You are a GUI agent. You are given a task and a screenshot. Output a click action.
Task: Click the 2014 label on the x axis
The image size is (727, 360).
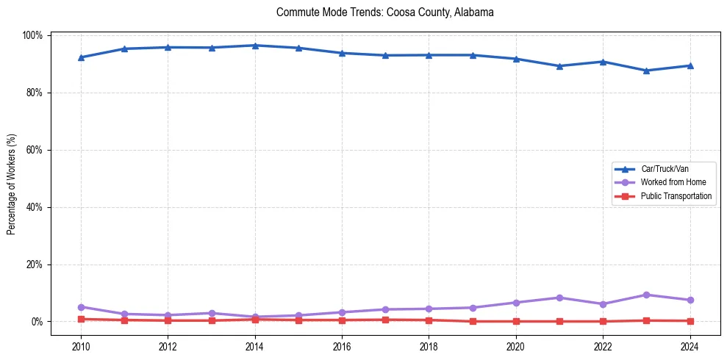point(254,348)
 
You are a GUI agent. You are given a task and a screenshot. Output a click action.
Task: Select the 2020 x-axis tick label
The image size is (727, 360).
point(515,348)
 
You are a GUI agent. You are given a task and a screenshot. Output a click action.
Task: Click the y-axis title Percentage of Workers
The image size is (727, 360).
point(12,179)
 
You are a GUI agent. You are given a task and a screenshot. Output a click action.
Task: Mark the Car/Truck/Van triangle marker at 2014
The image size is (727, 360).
point(254,46)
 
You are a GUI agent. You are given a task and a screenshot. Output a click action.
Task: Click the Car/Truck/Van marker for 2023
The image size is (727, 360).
point(646,71)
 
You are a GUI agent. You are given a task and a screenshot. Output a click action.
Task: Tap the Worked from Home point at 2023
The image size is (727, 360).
point(646,295)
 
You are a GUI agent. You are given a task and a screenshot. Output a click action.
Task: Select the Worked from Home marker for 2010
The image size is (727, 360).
point(81,307)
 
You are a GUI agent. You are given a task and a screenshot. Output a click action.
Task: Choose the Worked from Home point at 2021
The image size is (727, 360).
point(559,298)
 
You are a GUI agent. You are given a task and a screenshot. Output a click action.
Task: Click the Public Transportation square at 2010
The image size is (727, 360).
point(81,319)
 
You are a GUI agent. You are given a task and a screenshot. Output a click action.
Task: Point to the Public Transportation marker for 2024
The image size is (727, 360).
point(690,321)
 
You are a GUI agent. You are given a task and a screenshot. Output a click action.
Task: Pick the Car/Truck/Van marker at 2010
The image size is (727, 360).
point(81,57)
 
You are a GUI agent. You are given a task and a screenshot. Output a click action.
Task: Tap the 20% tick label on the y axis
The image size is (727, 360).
point(34,264)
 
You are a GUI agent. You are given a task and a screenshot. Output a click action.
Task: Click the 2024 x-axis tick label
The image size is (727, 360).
point(690,348)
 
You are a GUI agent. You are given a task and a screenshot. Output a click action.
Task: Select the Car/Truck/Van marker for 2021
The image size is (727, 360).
point(559,66)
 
